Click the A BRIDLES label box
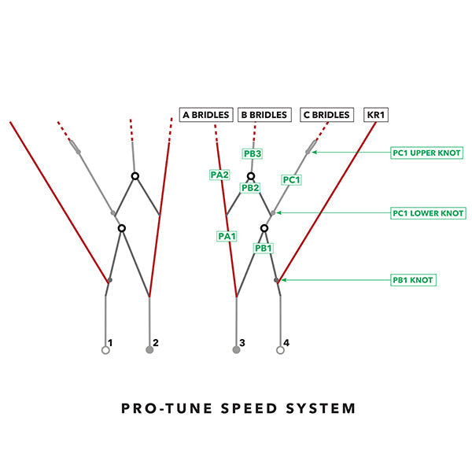pos(206,115)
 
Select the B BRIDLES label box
pos(264,115)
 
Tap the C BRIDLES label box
pos(326,115)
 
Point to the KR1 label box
pos(376,115)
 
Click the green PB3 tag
pos(252,153)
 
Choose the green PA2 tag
pos(219,175)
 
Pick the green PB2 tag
pos(250,188)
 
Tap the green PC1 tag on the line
pos(291,180)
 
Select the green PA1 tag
pos(227,235)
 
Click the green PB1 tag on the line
pos(264,247)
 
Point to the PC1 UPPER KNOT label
pos(427,153)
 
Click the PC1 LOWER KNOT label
pos(428,213)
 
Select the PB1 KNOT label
pos(413,279)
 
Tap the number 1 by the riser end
pos(111,343)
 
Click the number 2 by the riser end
pos(156,343)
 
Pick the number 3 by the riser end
pos(242,343)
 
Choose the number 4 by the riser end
pos(286,343)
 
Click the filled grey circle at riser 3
pos(236,350)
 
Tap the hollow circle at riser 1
pos(105,351)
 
